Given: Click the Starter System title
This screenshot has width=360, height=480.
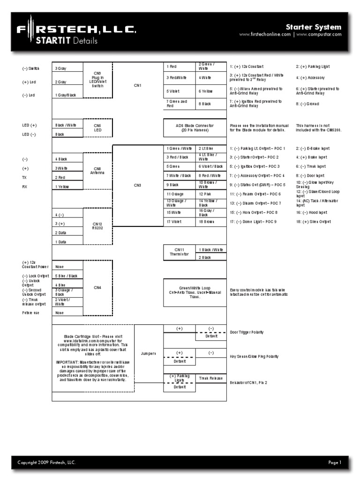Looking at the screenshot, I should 314,27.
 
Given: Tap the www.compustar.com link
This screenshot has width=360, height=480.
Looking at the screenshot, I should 319,35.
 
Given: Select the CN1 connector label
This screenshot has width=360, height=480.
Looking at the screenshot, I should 137,85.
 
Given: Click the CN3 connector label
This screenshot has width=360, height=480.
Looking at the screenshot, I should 137,185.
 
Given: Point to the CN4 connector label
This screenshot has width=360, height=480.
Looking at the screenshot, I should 97,287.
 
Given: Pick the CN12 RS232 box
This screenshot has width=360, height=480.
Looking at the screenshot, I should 97,225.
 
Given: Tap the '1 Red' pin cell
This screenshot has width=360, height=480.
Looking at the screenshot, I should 179,67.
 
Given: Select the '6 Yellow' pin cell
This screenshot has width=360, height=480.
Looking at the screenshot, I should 210,91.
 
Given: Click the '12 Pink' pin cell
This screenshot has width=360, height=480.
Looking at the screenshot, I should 210,194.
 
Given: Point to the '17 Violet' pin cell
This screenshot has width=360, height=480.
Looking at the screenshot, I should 179,221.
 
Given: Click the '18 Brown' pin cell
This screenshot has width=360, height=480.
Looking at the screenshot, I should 210,221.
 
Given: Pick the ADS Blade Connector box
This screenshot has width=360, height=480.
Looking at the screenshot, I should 195,127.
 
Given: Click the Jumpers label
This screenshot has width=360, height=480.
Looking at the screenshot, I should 149,352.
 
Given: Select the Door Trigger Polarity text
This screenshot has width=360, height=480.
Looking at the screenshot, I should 247,332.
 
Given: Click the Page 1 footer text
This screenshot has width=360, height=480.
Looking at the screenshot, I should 335,463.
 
